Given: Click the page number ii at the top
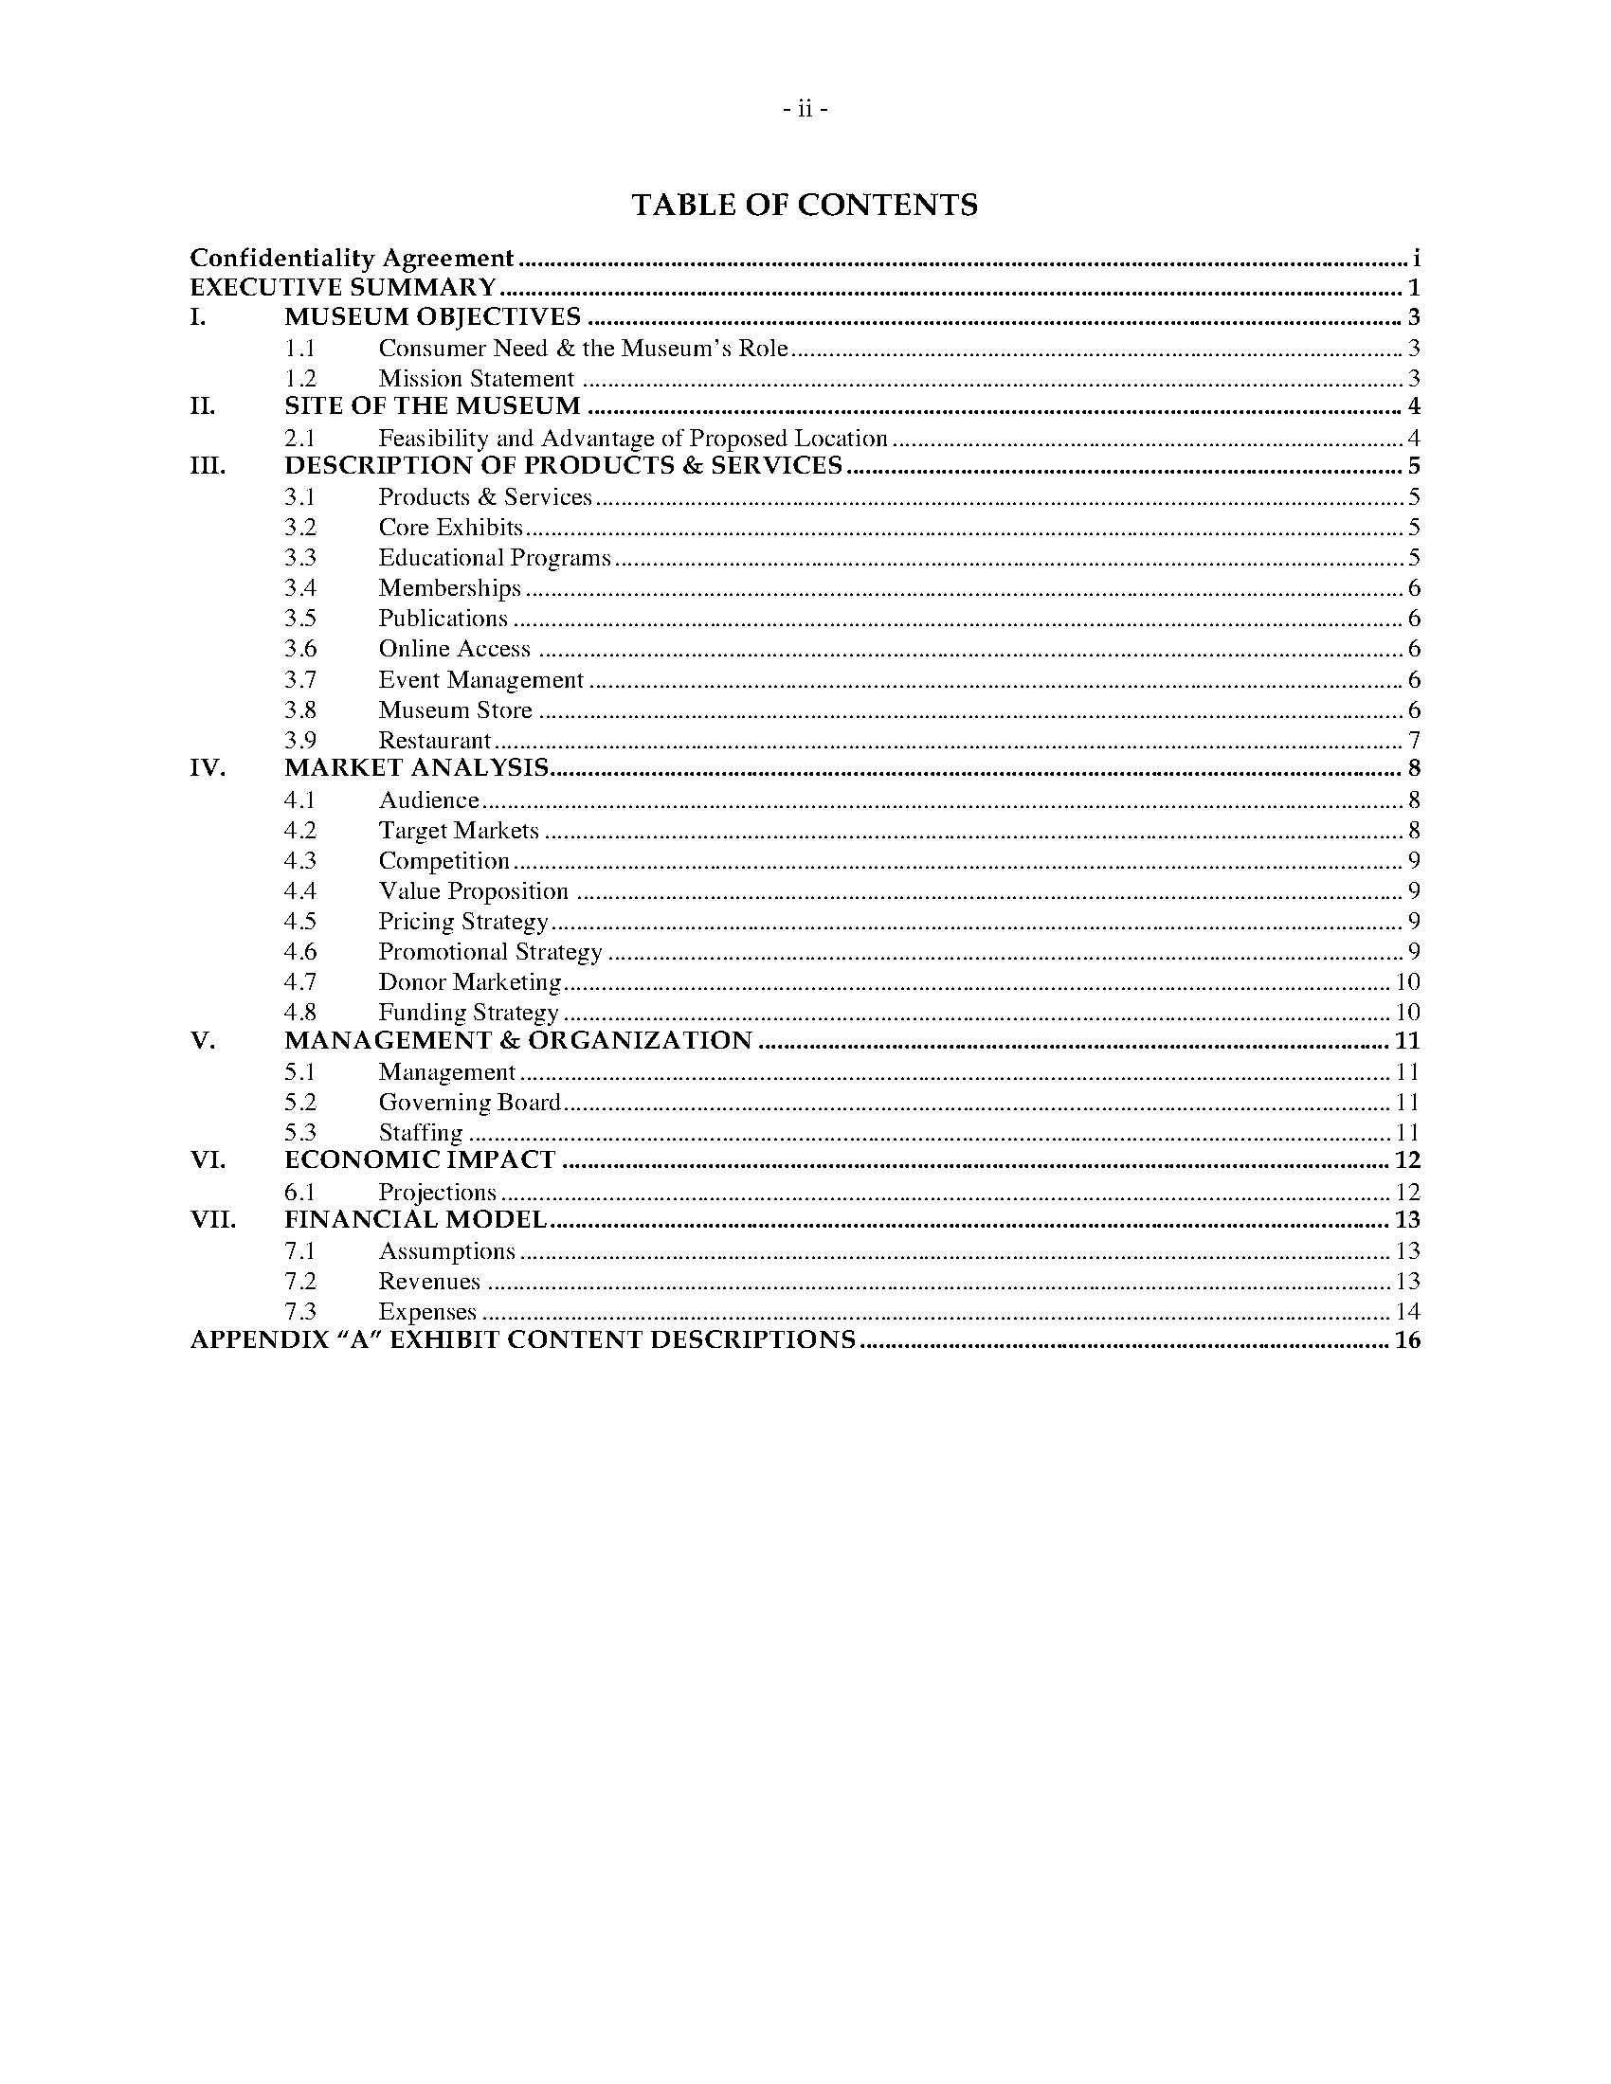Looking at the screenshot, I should click(x=805, y=110).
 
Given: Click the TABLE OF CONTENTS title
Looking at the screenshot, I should click(x=805, y=206).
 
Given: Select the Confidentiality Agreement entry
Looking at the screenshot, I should click(x=353, y=259).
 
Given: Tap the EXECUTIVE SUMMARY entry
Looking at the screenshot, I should click(x=343, y=288).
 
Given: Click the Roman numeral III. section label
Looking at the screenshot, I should click(x=208, y=466).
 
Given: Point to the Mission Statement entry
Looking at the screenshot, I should click(x=477, y=379).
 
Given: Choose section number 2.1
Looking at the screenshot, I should click(x=299, y=439).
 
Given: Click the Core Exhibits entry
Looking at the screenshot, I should click(x=450, y=528).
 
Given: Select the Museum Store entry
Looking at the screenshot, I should click(x=455, y=710).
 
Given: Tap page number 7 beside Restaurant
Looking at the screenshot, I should click(x=1414, y=741).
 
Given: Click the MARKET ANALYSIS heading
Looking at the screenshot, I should click(x=416, y=768).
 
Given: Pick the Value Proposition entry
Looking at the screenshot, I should click(x=474, y=891).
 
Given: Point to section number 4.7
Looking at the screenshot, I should click(x=299, y=982).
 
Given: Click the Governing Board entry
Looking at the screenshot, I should click(x=469, y=1103).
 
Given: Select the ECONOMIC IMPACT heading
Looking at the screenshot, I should click(x=420, y=1160).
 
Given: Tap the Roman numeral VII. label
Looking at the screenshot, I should click(x=213, y=1220).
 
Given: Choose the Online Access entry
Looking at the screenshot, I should click(x=454, y=649).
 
